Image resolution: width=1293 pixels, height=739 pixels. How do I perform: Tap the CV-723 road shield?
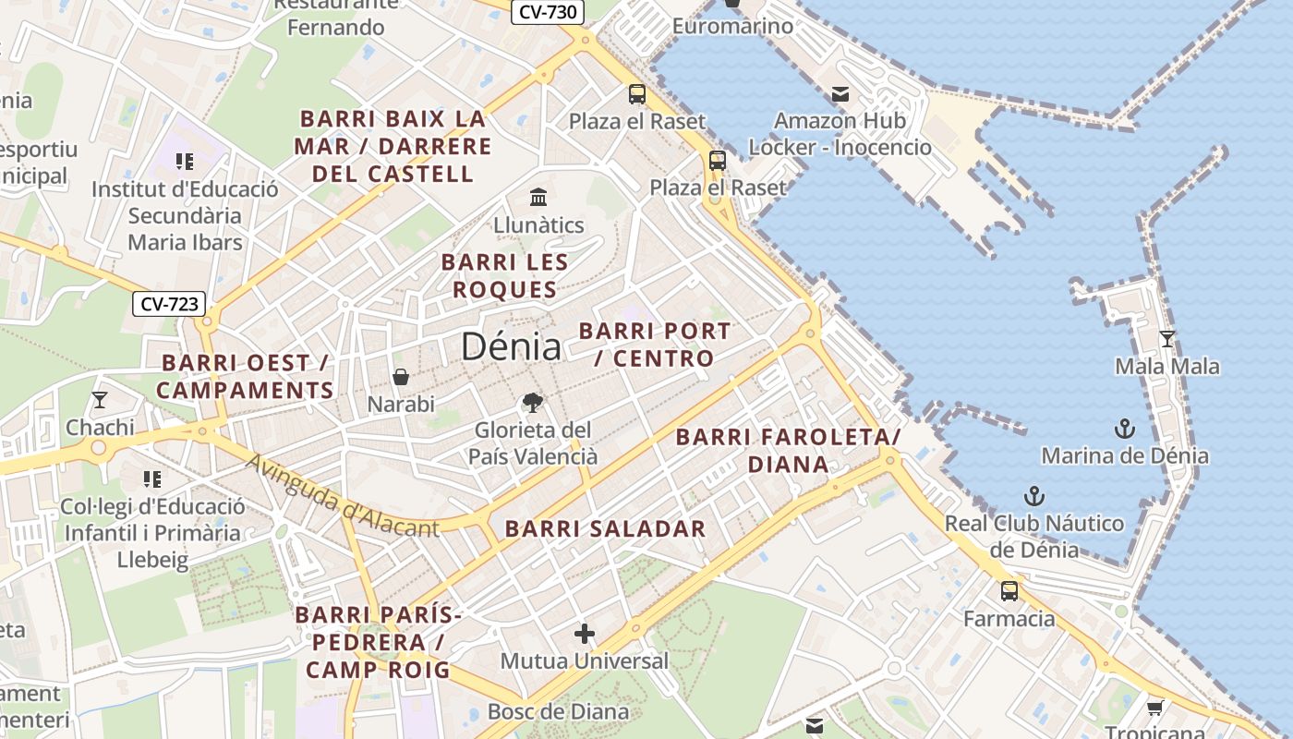(x=168, y=303)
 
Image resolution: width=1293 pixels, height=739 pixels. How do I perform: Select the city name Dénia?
(x=511, y=346)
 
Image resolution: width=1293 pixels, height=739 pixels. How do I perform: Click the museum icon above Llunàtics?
(x=538, y=197)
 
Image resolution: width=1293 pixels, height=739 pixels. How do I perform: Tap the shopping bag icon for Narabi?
(x=401, y=377)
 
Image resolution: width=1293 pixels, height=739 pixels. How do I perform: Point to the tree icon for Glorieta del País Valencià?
(x=532, y=402)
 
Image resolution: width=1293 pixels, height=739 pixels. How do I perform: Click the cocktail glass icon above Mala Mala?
(x=1166, y=339)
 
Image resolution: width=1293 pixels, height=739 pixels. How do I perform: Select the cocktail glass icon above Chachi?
(x=100, y=400)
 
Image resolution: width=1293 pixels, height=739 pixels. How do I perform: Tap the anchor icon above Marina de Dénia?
(x=1124, y=428)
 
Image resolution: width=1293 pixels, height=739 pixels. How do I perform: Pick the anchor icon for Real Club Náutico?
(x=1033, y=496)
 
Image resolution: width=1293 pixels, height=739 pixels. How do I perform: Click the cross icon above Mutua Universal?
(x=584, y=634)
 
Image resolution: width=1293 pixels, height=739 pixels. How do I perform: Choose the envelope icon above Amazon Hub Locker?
(x=840, y=93)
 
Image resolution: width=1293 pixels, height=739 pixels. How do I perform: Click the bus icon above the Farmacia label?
(x=1009, y=591)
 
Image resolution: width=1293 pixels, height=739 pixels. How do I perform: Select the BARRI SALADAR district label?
(x=605, y=529)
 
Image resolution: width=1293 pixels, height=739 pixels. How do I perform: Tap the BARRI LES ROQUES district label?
(x=504, y=275)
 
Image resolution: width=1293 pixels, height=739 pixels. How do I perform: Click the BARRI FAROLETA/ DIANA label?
(x=788, y=450)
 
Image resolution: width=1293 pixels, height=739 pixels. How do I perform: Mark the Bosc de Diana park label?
(x=558, y=711)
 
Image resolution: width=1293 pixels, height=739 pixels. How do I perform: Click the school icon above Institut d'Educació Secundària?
(x=184, y=162)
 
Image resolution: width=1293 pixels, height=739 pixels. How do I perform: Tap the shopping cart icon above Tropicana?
(x=1154, y=708)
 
